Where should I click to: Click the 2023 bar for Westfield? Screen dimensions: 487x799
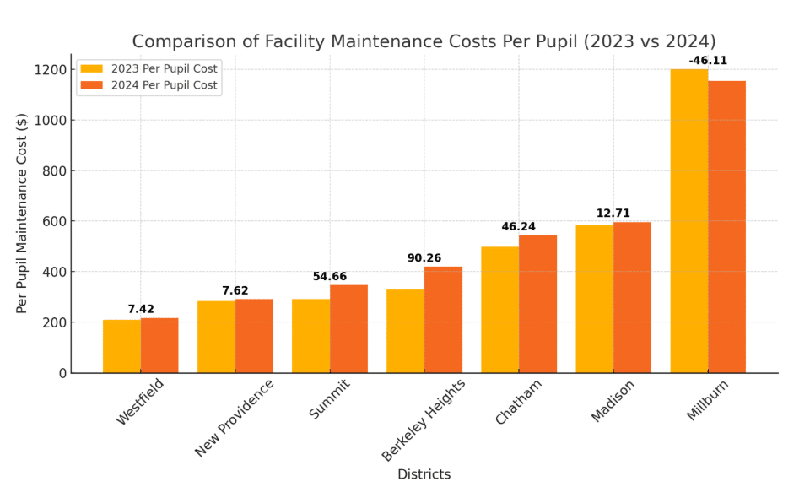point(121,346)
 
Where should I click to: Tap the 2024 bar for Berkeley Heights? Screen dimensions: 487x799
point(443,320)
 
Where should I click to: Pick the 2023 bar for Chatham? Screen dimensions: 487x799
point(499,310)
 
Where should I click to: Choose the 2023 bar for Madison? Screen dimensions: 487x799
point(594,299)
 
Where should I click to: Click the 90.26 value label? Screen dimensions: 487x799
point(424,258)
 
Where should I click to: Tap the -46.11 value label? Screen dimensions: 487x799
point(708,61)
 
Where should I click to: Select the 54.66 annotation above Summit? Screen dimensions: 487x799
point(330,277)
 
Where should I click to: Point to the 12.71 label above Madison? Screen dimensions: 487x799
point(613,214)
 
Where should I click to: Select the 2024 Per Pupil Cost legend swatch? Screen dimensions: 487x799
point(91,85)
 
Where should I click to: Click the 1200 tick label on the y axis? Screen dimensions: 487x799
point(50,69)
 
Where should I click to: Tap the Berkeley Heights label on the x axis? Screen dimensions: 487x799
point(424,419)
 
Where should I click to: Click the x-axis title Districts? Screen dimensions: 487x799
point(424,474)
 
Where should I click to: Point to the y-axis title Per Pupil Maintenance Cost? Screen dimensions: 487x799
point(23,214)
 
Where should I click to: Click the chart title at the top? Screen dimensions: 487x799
point(424,41)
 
